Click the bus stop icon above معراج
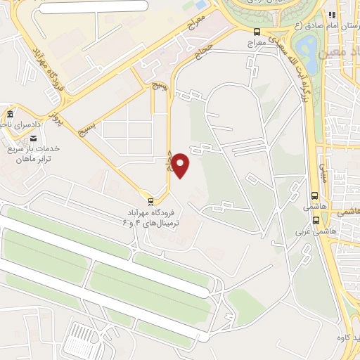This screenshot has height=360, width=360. click(x=257, y=32)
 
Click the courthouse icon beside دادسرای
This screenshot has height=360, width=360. click(x=9, y=115)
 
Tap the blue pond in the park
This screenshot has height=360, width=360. click(x=307, y=49)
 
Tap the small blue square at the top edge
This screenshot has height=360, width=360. click(x=201, y=5)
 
